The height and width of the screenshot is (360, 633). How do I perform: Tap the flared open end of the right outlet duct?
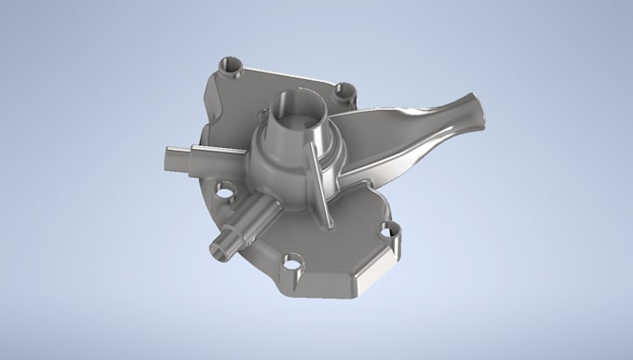[470, 110]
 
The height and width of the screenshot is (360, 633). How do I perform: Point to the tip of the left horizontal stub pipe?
[168, 158]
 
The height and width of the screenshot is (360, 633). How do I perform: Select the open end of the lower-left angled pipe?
[221, 247]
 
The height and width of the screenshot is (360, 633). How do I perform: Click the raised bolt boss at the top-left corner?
[230, 67]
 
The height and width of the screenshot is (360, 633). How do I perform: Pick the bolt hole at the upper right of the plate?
[346, 91]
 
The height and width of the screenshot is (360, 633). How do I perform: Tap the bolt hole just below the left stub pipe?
[224, 194]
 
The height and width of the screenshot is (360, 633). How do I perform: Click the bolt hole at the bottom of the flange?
[294, 263]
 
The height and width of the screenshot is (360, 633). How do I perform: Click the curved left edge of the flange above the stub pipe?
[207, 112]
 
